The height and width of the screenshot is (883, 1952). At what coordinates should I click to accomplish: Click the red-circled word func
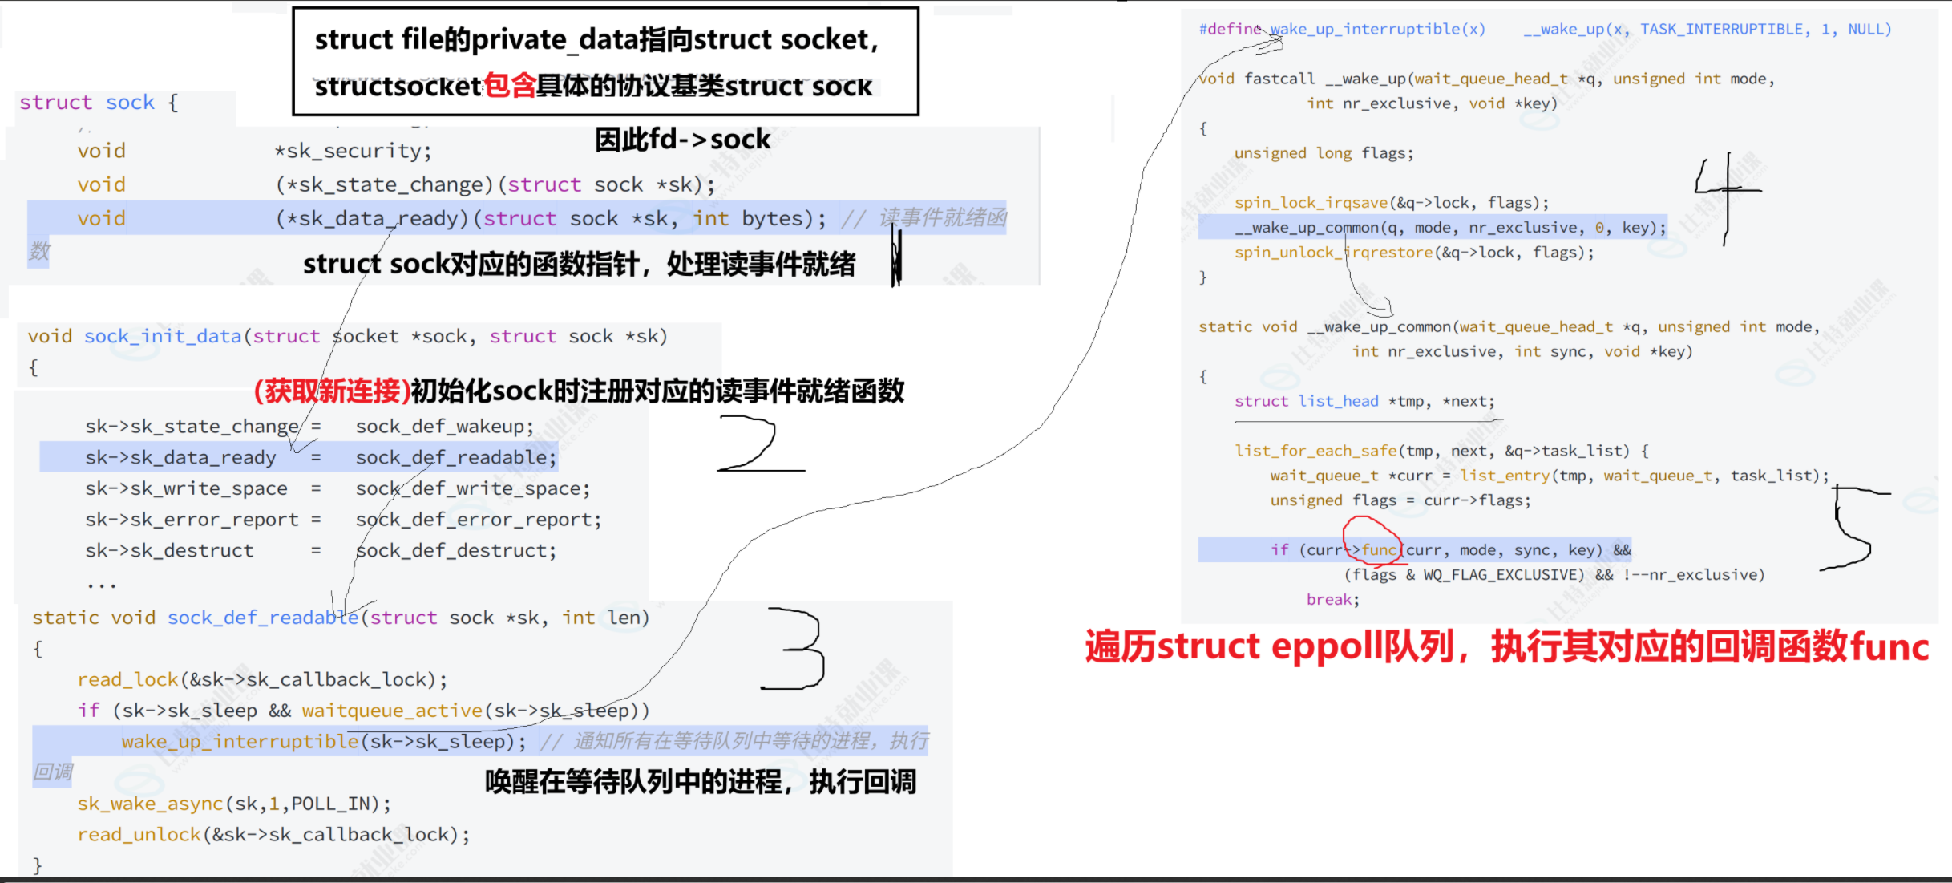[x=1378, y=549]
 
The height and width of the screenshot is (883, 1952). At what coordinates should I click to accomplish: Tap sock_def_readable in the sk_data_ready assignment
[x=455, y=458]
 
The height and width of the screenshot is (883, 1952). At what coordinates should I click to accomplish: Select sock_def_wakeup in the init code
[x=444, y=427]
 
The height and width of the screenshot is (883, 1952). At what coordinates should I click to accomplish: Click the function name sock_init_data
[x=163, y=337]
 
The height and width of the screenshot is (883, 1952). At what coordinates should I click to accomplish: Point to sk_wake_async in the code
[x=150, y=804]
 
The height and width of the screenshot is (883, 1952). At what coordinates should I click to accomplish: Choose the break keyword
[x=1331, y=600]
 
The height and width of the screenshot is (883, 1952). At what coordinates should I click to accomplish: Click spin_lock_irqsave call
[x=1311, y=203]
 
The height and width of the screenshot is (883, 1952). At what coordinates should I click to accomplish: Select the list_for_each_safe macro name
[x=1315, y=451]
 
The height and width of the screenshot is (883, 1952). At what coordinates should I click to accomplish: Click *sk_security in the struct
[x=353, y=151]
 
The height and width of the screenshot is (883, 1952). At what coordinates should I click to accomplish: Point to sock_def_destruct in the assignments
[x=455, y=551]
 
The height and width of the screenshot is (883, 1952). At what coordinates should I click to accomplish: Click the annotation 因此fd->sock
[x=682, y=140]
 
